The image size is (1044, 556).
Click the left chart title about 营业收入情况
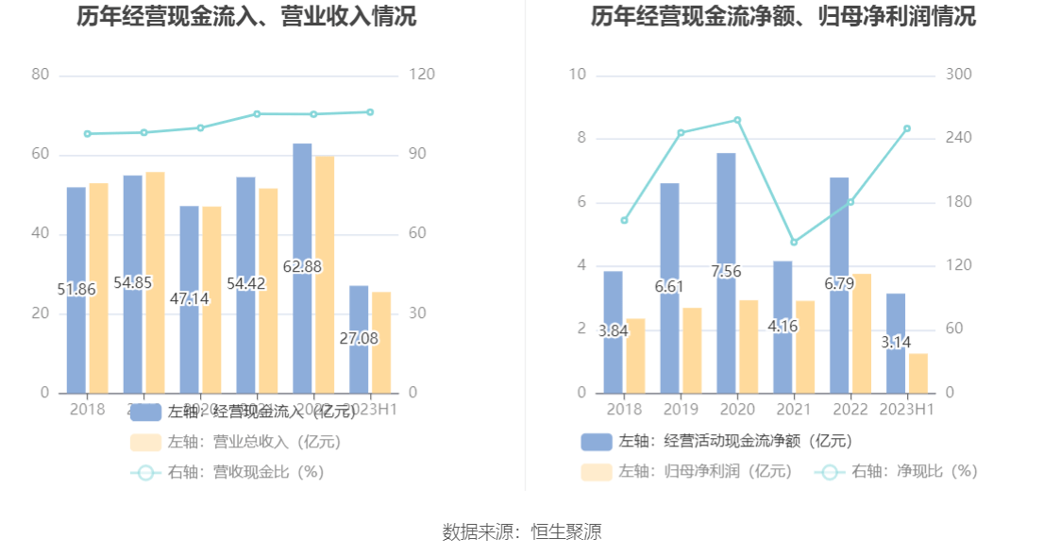tap(245, 17)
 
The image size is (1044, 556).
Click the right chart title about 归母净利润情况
tap(783, 17)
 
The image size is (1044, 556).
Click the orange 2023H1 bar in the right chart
tap(918, 373)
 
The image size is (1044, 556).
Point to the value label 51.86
tap(76, 290)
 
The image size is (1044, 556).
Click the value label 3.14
tap(896, 343)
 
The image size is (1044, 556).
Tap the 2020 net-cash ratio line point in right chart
tap(737, 120)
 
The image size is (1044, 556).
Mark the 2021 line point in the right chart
tap(794, 243)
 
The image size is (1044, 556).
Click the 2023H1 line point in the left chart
tap(370, 112)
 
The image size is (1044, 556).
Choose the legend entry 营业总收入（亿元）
tap(236, 442)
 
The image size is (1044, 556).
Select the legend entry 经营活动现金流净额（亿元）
tap(717, 441)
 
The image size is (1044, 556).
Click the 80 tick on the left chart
tap(41, 75)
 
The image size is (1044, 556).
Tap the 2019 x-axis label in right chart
tap(681, 410)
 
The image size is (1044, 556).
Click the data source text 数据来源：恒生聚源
tap(522, 531)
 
